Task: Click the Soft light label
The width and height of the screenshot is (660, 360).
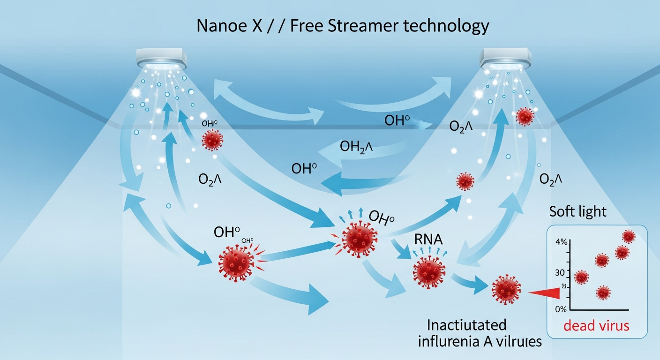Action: pyautogui.click(x=577, y=211)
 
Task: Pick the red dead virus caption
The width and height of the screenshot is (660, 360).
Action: pyautogui.click(x=596, y=325)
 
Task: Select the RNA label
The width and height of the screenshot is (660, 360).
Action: pyautogui.click(x=427, y=240)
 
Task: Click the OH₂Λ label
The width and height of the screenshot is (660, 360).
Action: pyautogui.click(x=356, y=147)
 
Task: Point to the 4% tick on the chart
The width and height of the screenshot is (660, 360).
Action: pyautogui.click(x=561, y=242)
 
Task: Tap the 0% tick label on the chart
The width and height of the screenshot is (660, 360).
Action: pyautogui.click(x=561, y=309)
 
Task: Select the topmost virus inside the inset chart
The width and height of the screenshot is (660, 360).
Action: pyautogui.click(x=628, y=236)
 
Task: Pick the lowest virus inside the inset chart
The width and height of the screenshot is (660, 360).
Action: pyautogui.click(x=603, y=293)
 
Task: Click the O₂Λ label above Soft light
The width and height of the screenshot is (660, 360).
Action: pyautogui.click(x=551, y=179)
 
